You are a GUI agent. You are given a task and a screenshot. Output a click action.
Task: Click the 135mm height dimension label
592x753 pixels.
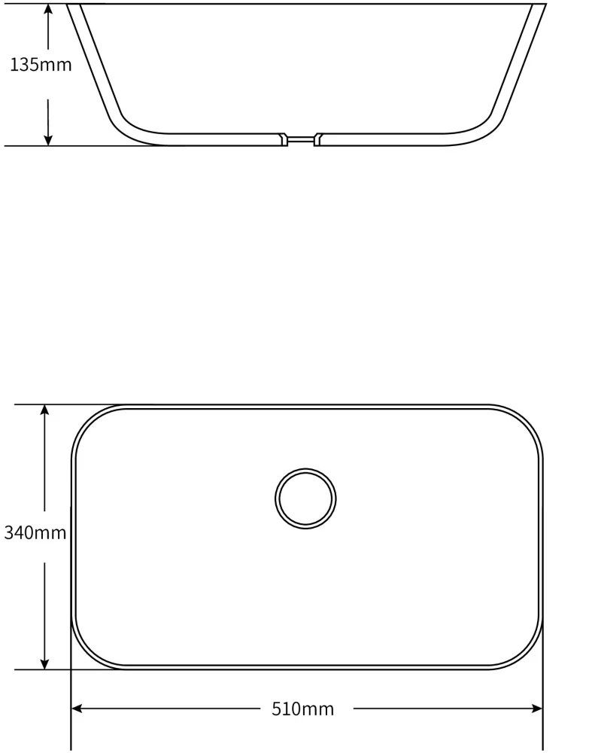[41, 64]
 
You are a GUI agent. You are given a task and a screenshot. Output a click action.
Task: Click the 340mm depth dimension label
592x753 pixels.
[35, 532]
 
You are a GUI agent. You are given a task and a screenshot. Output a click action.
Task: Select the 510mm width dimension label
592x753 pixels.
[302, 709]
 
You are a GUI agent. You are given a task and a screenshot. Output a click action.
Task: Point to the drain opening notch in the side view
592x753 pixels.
[301, 139]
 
